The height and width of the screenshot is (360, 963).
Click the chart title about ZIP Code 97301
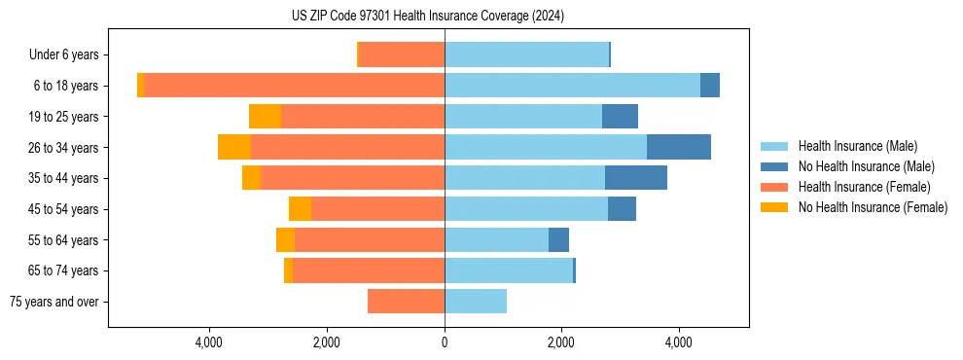click(428, 17)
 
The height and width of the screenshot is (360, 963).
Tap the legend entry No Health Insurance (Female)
click(873, 207)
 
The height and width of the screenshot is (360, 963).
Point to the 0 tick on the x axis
click(445, 342)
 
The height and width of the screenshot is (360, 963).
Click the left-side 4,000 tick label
click(210, 342)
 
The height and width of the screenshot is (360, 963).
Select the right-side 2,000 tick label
click(561, 342)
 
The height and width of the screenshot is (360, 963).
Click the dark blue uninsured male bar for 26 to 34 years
click(679, 147)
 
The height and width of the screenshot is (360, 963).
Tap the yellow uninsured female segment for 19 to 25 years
click(265, 117)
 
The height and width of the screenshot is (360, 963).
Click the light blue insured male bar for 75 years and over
click(476, 302)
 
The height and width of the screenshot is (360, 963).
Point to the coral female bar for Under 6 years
click(402, 54)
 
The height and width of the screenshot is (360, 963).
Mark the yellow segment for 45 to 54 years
click(300, 209)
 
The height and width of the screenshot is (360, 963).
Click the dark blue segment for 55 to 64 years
click(558, 240)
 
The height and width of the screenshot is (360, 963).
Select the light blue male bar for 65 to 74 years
click(509, 270)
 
